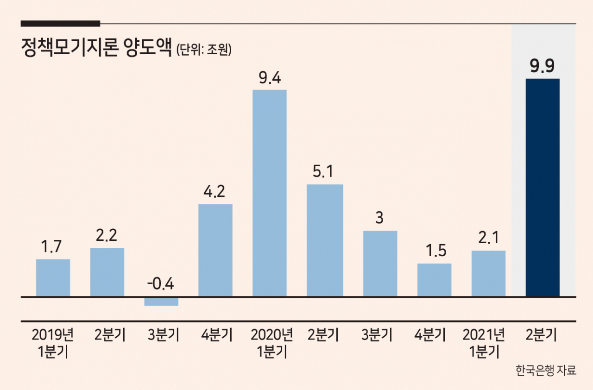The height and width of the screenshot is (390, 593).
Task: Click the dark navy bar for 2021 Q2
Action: click(543, 187)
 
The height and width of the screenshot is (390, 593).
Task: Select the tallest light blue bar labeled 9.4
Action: click(270, 193)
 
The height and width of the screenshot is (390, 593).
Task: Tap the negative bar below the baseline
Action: click(161, 302)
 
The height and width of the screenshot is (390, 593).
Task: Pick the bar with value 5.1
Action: click(325, 240)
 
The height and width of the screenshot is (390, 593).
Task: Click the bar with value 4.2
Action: click(215, 250)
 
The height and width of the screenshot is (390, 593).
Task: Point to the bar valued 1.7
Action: click(53, 278)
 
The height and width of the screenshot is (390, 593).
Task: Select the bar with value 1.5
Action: click(435, 280)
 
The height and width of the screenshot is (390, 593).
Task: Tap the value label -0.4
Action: click(160, 284)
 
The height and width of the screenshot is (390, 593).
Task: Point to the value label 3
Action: click(379, 218)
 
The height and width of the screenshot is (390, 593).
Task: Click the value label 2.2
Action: click(106, 235)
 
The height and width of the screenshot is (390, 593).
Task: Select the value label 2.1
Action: click(488, 237)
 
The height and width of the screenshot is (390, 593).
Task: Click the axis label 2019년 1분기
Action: click(53, 343)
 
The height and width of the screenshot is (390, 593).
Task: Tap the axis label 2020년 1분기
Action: click(271, 343)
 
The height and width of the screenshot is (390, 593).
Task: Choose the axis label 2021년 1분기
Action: click(483, 343)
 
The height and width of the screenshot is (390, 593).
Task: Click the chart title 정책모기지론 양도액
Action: click(97, 48)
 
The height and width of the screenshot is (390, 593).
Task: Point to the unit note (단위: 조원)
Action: click(203, 49)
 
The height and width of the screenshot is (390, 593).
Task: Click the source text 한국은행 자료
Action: click(546, 370)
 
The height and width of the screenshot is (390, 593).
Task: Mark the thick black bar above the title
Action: click(60, 24)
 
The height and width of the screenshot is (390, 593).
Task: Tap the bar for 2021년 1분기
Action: click(488, 274)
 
